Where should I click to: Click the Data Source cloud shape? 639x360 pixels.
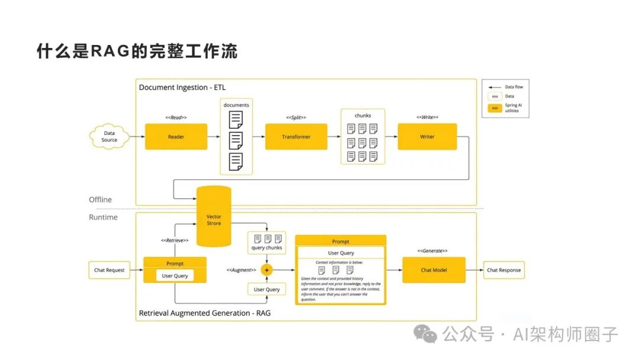pyautogui.click(x=109, y=137)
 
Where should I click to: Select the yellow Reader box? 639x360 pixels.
pyautogui.click(x=176, y=137)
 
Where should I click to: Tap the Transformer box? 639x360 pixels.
pyautogui.click(x=296, y=137)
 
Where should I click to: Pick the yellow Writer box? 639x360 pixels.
pyautogui.click(x=427, y=137)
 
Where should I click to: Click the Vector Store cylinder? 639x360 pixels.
pyautogui.click(x=214, y=218)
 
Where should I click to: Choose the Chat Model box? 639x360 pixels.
pyautogui.click(x=434, y=270)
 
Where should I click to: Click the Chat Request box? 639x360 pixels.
pyautogui.click(x=109, y=270)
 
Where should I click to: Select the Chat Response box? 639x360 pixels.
pyautogui.click(x=504, y=270)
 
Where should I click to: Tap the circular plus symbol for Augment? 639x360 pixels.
pyautogui.click(x=267, y=269)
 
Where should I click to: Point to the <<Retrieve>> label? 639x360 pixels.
pyautogui.click(x=175, y=240)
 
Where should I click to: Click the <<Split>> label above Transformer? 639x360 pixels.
pyautogui.click(x=296, y=118)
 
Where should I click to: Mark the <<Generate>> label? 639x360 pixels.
pyautogui.click(x=433, y=251)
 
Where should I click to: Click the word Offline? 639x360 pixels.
pyautogui.click(x=100, y=200)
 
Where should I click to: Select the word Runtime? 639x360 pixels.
pyautogui.click(x=103, y=217)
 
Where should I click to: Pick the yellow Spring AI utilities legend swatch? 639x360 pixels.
pyautogui.click(x=495, y=108)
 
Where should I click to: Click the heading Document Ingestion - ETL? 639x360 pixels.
pyautogui.click(x=182, y=88)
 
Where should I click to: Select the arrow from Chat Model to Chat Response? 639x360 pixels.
pyautogui.click(x=474, y=270)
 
